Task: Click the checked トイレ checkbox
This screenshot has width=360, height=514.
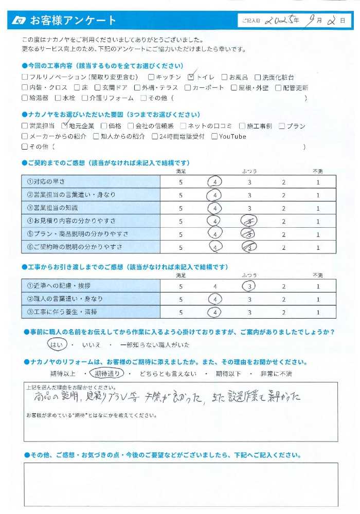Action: [191, 77]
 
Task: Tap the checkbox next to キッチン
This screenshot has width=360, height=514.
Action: [151, 77]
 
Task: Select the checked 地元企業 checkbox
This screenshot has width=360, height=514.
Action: [64, 126]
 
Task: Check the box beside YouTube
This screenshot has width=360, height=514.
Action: [214, 137]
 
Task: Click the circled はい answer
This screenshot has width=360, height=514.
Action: [56, 344]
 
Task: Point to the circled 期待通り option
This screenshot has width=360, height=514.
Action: [107, 374]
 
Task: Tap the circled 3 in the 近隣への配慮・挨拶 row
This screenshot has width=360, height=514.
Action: [249, 286]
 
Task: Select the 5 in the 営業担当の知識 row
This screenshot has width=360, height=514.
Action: [181, 209]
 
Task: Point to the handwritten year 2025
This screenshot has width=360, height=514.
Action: [281, 21]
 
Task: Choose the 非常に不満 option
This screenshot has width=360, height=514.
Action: [281, 374]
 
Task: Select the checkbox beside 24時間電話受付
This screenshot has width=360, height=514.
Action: [155, 137]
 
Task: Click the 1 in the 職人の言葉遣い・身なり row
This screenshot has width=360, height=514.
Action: [318, 299]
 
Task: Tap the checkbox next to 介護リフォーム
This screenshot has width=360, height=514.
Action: [85, 98]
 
